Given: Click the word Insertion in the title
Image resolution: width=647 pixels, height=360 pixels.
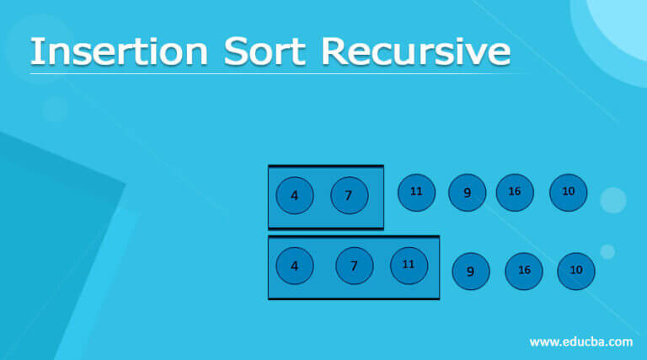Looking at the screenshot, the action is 120,51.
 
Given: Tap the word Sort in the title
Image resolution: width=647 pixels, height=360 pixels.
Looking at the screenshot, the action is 265,51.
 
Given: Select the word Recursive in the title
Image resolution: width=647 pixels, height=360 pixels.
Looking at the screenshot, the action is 416,51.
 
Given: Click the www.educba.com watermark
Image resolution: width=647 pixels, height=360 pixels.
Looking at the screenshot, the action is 581,341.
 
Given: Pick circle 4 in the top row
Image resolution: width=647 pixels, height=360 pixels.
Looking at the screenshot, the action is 295,196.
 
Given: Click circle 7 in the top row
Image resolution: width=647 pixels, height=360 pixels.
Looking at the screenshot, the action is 350,196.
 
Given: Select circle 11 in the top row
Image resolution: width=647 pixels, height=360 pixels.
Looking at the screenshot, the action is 416,192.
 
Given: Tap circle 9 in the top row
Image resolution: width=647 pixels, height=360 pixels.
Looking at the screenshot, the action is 467,192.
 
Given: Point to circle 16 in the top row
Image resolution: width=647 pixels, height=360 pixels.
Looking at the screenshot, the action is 515,192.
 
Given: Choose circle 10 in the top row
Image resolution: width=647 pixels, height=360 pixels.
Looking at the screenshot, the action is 569,192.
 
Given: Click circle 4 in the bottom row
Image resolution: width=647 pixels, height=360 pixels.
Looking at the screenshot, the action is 295,266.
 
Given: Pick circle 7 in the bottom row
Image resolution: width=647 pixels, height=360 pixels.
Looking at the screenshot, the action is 355,266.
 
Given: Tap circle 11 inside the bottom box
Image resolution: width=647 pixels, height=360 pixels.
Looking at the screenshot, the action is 409,266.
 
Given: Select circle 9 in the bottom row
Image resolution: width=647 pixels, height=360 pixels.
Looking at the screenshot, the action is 471,271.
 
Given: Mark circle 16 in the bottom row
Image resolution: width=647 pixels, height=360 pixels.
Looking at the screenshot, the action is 524,271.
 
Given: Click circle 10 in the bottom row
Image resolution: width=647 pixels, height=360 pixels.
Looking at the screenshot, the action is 576,271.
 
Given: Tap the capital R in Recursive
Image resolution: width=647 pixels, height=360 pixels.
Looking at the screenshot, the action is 334,51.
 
